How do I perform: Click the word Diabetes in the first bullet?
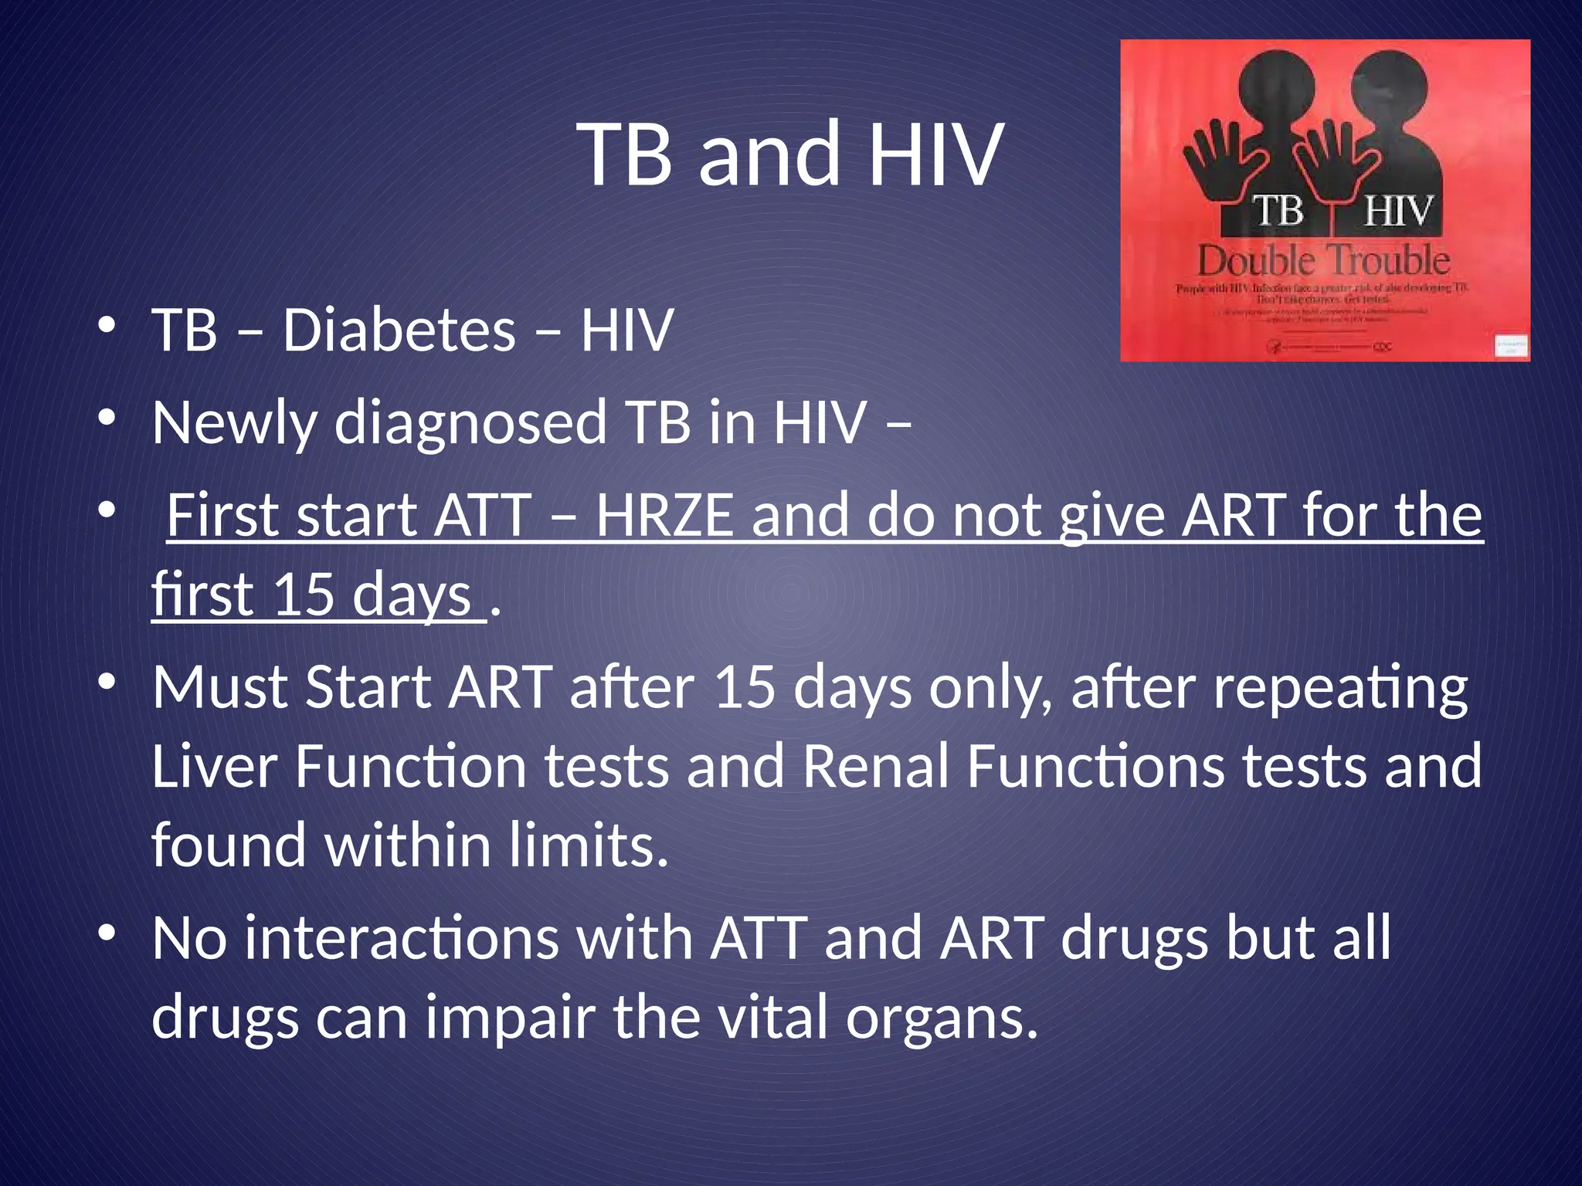click(x=399, y=330)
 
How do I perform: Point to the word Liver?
click(x=214, y=766)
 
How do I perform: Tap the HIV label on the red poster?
click(x=1398, y=212)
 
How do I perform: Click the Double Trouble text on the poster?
click(x=1323, y=261)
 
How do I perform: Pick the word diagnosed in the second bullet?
click(x=470, y=425)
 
